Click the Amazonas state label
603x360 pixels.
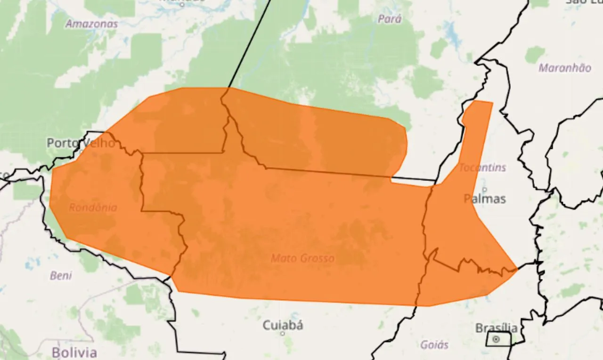point(91,24)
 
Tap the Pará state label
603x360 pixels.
point(390,19)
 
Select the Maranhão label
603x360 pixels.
point(564,68)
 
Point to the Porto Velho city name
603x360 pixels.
point(81,143)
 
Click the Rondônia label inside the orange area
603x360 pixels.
point(93,207)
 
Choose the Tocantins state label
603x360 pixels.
point(482,167)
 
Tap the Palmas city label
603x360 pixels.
point(485,199)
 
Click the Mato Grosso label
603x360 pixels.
point(302,258)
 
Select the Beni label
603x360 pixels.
point(61,276)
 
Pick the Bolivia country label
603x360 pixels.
point(74,352)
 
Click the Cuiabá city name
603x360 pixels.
point(283,325)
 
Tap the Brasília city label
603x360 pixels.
point(496,328)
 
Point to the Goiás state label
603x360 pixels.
point(434,345)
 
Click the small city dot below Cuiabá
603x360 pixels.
point(283,334)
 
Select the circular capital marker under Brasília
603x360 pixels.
point(496,339)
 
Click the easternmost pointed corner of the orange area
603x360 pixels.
point(517,269)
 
